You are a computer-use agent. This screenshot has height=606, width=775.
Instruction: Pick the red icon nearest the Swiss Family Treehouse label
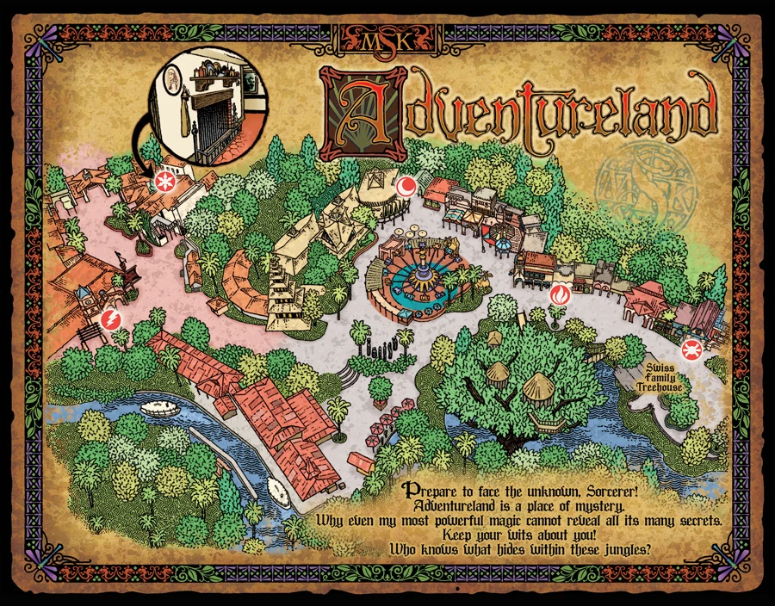coord(691,348)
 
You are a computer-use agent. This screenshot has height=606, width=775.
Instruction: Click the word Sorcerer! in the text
coord(606,488)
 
